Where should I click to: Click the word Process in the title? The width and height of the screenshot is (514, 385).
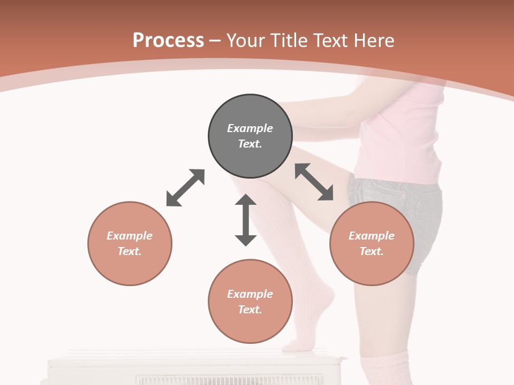[x=168, y=41]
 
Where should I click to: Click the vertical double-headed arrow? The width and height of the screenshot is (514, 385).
[x=246, y=220]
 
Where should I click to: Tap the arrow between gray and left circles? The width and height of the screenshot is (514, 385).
[x=185, y=188]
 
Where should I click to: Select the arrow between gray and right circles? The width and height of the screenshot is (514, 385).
[x=314, y=182]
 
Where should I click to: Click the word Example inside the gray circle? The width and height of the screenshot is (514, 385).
[x=250, y=128]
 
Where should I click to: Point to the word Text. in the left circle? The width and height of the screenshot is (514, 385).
[x=130, y=251]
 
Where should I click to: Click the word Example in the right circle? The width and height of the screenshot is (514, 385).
[x=372, y=236]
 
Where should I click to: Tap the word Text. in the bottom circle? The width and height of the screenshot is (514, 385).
[x=250, y=310]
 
